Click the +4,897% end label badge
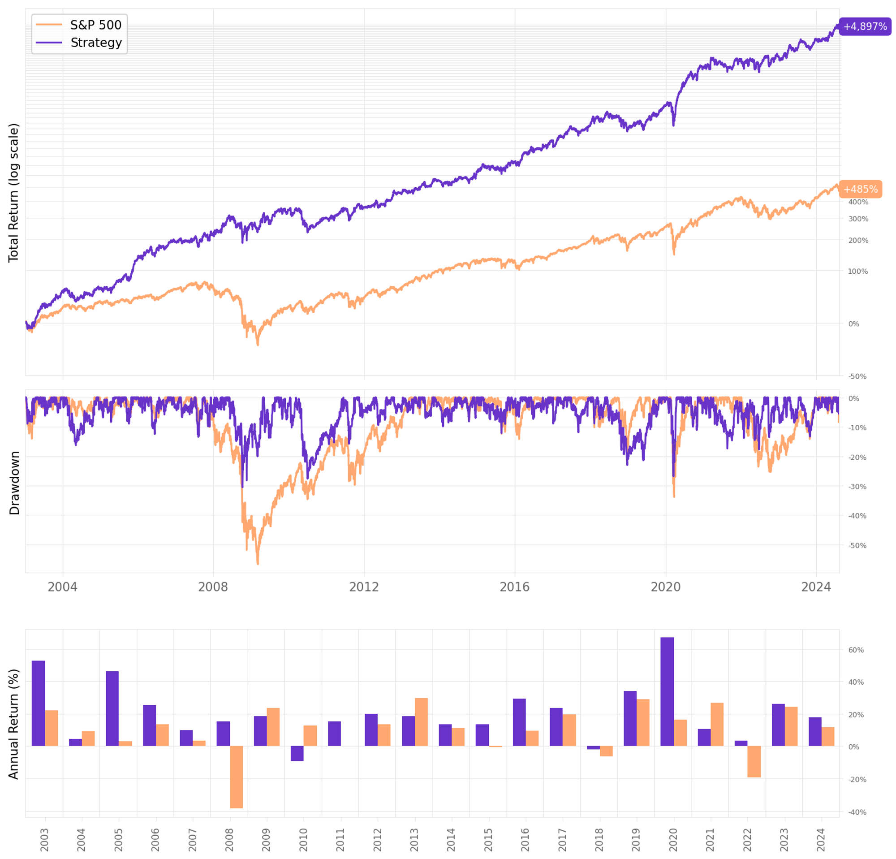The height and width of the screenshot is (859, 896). click(x=865, y=26)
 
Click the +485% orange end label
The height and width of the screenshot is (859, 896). click(x=860, y=189)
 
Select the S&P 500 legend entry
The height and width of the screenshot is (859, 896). click(x=79, y=25)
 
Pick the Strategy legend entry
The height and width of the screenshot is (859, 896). click(x=79, y=43)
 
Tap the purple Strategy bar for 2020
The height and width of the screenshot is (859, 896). click(x=667, y=692)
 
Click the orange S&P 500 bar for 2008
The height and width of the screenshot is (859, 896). click(x=237, y=777)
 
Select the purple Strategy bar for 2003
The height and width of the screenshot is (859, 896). click(x=39, y=704)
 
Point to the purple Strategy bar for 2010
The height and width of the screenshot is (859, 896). click(x=297, y=753)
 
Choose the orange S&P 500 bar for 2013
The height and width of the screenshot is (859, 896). click(x=421, y=722)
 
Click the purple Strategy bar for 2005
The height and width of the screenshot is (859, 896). click(x=112, y=708)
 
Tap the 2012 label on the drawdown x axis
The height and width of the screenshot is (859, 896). click(x=364, y=587)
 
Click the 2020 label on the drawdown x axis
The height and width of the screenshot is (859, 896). click(x=666, y=587)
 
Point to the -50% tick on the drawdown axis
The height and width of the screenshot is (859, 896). click(x=857, y=545)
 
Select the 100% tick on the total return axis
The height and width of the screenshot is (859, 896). click(x=857, y=271)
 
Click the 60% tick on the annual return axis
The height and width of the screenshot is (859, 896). click(x=856, y=650)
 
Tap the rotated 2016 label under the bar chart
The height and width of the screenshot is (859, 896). click(x=525, y=839)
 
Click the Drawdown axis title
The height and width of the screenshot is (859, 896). click(x=15, y=483)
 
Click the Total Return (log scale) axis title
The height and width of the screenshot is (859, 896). click(x=14, y=193)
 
